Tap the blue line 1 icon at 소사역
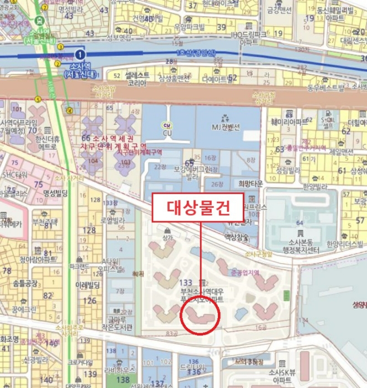[80, 54]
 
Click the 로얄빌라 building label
[111, 219]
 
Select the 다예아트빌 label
[216, 79]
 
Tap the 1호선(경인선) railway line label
[194, 53]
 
